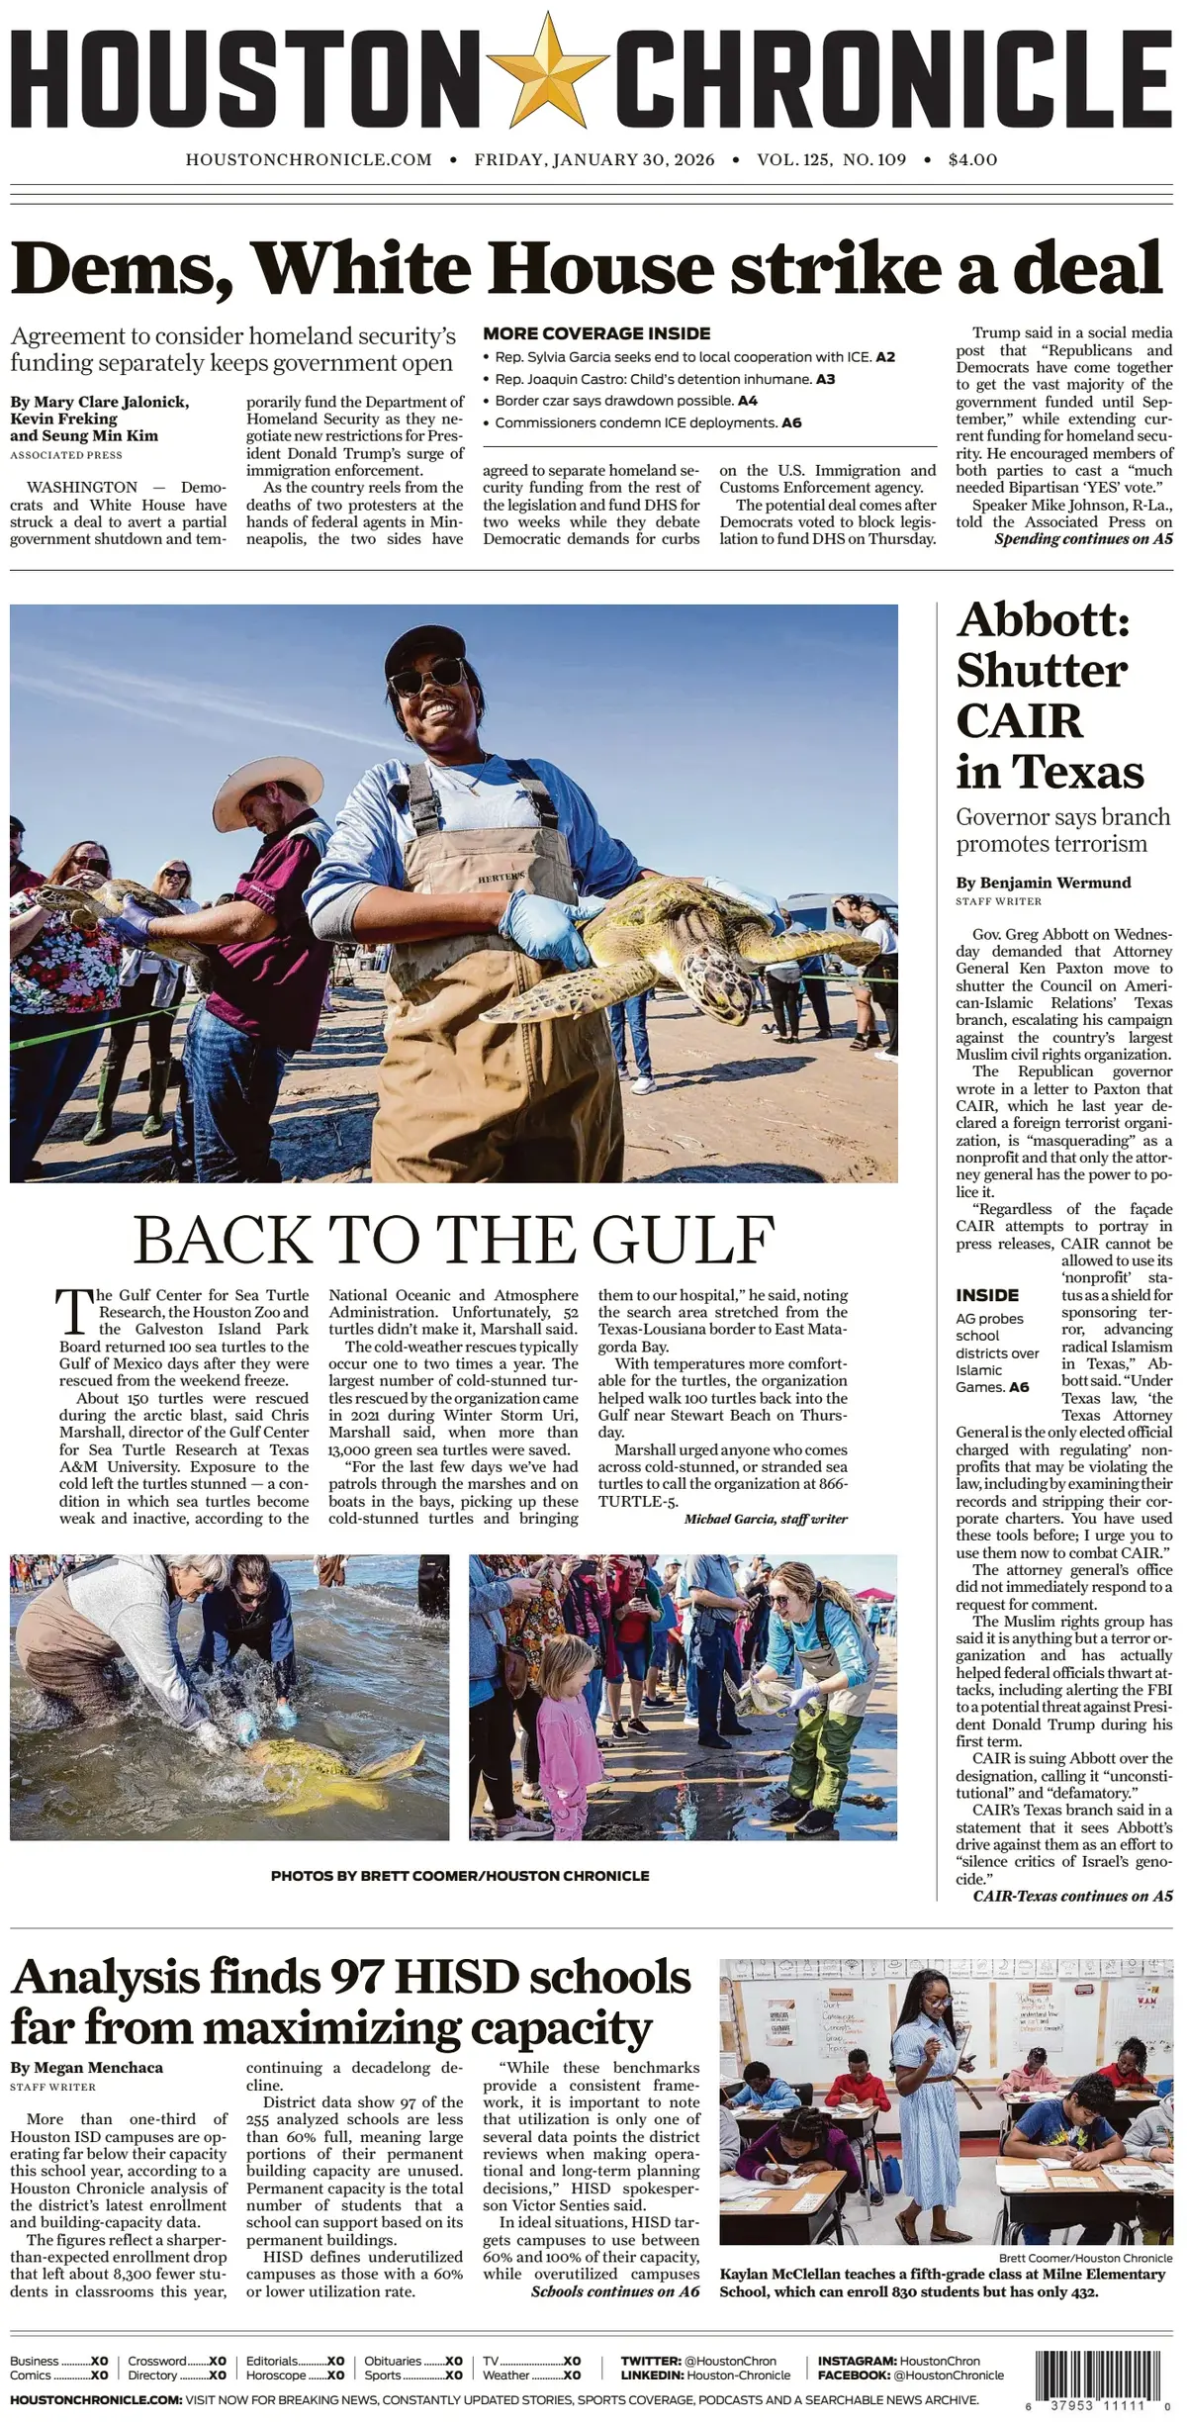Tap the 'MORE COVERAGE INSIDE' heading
point(596,333)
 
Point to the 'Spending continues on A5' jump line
point(1083,539)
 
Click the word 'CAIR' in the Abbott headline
point(1019,720)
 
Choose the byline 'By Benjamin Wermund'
point(1043,883)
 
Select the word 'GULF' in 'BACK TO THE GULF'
point(683,1239)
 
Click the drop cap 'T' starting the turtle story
point(74,1312)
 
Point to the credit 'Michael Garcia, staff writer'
point(765,1519)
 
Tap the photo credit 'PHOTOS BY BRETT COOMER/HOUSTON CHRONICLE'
point(460,1876)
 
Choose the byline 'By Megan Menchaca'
point(86,2069)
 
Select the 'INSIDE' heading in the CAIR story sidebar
point(986,1295)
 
